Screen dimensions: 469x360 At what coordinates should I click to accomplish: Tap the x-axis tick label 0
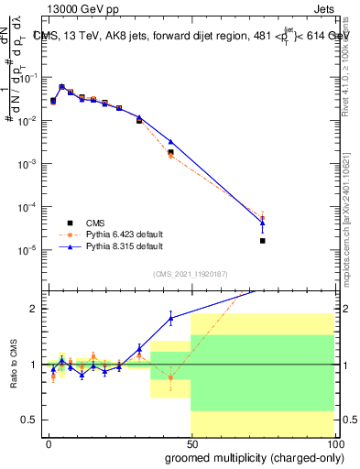coord(49,442)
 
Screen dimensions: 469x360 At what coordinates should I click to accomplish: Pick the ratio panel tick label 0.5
coord(28,420)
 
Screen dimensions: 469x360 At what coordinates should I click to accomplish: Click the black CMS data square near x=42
coord(170,152)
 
